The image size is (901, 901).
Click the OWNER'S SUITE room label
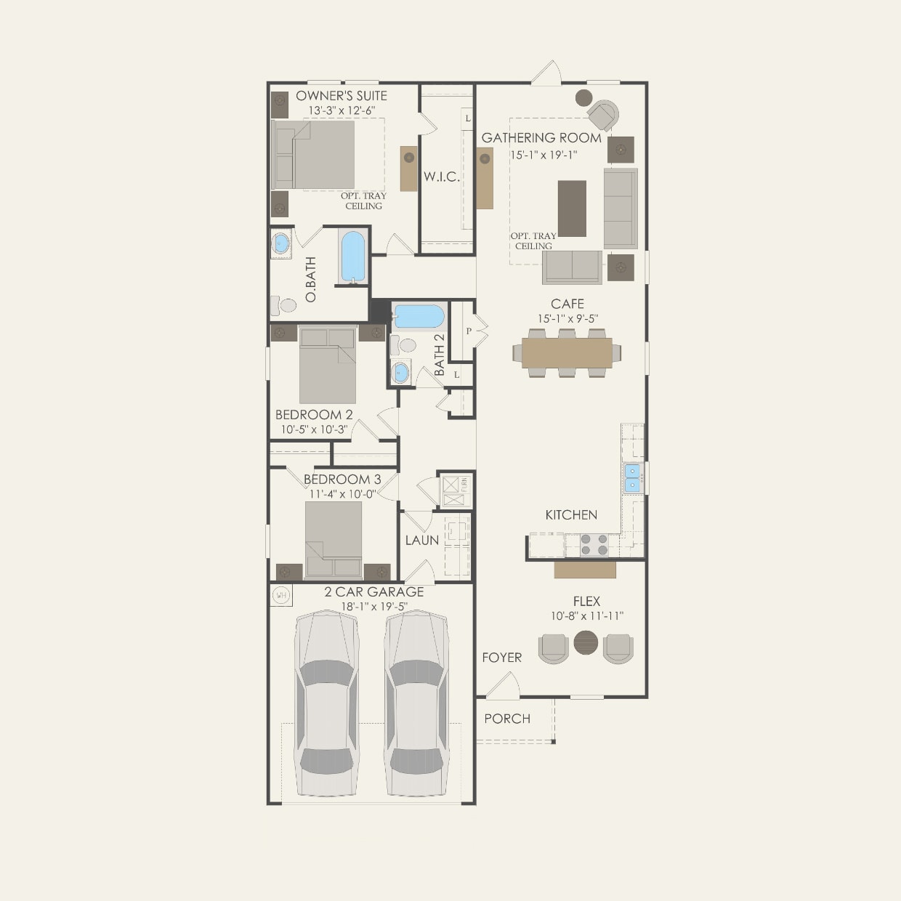coord(341,96)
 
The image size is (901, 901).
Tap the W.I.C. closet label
coord(441,177)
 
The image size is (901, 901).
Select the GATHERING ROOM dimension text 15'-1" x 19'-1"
coord(543,155)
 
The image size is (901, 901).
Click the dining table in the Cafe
coord(567,353)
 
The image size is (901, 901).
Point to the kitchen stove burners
coord(595,544)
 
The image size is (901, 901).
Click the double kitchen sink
coord(632,477)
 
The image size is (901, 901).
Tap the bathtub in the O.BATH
coord(353,256)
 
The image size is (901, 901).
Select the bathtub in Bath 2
coord(418,317)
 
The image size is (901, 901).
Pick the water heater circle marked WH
coord(281,595)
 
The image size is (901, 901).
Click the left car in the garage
coord(326,703)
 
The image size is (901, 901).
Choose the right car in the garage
coord(416,703)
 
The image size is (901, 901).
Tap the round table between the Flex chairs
coord(586,643)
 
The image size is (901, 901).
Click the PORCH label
coord(507,719)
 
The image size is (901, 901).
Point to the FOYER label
coord(501,658)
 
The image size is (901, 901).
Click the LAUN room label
coord(422,540)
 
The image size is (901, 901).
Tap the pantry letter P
coord(469,331)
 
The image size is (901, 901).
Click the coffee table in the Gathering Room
coord(572,209)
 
